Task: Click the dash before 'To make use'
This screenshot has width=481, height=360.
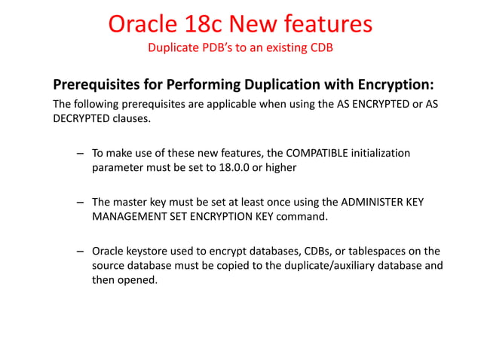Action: [x=79, y=154]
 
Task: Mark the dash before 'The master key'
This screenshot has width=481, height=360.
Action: [x=79, y=203]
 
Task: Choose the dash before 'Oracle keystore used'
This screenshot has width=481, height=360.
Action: [x=79, y=252]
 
